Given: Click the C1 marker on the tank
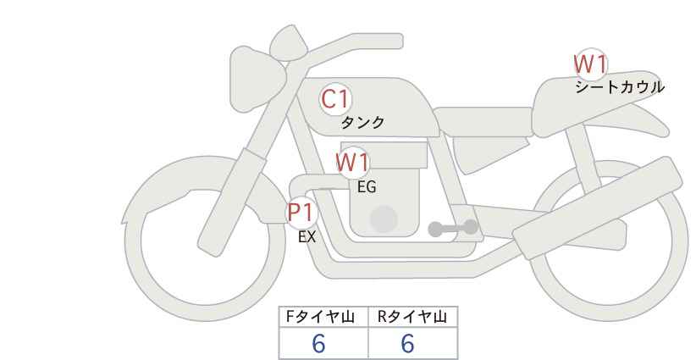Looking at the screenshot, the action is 335,100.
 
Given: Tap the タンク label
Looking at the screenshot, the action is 362,122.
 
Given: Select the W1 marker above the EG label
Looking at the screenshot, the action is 352,163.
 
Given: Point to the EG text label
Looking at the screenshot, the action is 367,187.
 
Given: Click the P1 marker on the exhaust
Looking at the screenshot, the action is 301,212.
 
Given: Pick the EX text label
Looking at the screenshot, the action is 307,237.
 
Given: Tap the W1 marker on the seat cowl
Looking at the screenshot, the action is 590,65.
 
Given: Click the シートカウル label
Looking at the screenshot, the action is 620,86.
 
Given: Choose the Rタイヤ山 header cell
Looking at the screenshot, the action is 413,317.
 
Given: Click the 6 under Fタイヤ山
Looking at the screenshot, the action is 318,343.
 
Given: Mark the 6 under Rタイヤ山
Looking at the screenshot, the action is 407,343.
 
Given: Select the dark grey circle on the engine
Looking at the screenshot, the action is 384,219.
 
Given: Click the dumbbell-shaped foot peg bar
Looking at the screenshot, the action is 453,228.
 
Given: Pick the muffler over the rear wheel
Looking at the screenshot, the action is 598,208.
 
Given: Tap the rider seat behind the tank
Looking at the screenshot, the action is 483,122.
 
